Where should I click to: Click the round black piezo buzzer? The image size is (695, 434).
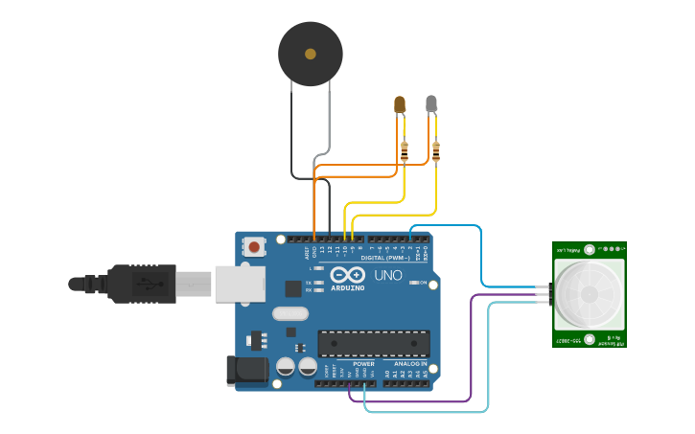pyautogui.click(x=310, y=54)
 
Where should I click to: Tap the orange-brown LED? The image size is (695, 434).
pyautogui.click(x=401, y=103)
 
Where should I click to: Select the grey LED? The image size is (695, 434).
pyautogui.click(x=431, y=103)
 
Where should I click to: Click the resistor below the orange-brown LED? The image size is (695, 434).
pyautogui.click(x=404, y=150)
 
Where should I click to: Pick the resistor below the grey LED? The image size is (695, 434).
pyautogui.click(x=436, y=150)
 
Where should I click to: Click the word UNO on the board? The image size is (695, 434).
pyautogui.click(x=387, y=275)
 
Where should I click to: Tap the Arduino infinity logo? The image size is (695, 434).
pyautogui.click(x=348, y=274)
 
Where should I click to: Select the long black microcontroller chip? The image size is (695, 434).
pyautogui.click(x=373, y=343)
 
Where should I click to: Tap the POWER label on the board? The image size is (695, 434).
pyautogui.click(x=363, y=364)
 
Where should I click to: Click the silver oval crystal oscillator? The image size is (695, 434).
pyautogui.click(x=290, y=313)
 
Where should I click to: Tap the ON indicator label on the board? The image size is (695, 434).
pyautogui.click(x=422, y=283)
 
